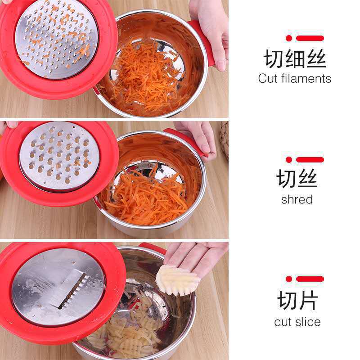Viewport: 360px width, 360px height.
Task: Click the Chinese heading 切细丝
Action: [295, 59]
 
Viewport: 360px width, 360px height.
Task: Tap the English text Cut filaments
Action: [295, 78]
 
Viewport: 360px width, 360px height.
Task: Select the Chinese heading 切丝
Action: [297, 179]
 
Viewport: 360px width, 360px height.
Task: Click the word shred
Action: [297, 199]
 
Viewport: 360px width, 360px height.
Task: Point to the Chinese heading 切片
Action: [298, 300]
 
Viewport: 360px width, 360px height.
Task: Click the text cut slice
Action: [297, 322]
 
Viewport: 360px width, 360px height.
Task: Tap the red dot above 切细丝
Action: [289, 38]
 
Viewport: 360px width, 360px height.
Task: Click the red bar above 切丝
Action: [310, 160]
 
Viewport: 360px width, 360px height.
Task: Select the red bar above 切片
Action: [310, 279]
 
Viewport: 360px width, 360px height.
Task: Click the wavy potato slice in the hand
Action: [177, 280]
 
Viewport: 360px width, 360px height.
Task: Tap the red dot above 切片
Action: [289, 279]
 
